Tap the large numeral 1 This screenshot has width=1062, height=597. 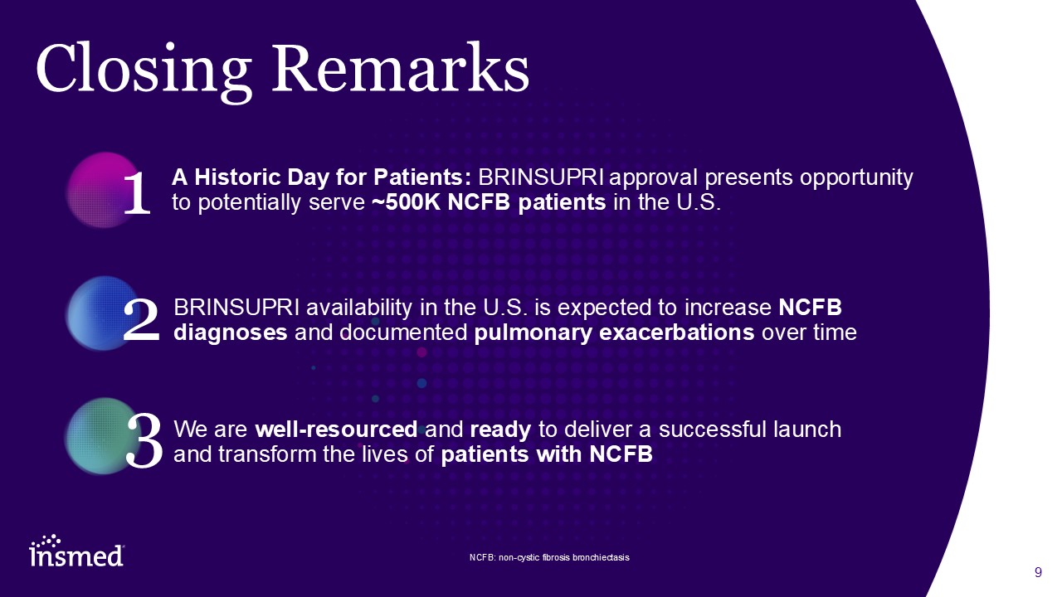click(137, 193)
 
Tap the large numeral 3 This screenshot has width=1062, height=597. click(144, 440)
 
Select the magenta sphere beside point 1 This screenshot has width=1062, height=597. click(104, 190)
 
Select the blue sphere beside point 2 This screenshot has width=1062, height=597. click(102, 313)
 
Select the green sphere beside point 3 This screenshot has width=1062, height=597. click(101, 436)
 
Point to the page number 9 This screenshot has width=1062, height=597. click(1038, 572)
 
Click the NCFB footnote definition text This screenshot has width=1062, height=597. click(549, 557)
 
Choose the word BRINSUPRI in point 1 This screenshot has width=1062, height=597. click(541, 177)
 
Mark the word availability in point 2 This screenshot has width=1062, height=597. click(359, 308)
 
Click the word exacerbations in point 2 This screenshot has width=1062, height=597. click(676, 332)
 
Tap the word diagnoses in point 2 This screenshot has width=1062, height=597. click(231, 333)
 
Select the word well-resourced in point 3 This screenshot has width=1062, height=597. click(336, 430)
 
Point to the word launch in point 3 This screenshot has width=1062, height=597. click(807, 430)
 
